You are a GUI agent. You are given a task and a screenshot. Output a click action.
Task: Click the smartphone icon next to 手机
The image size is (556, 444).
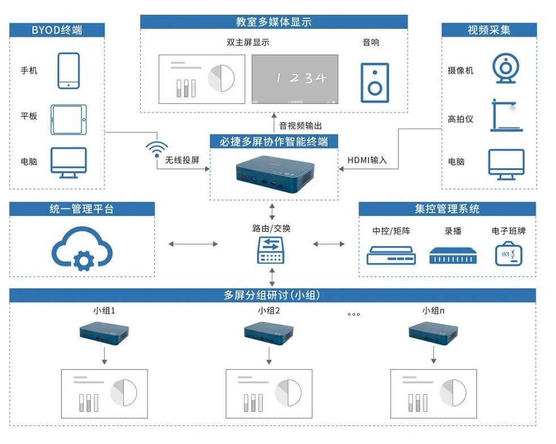tap(69, 71)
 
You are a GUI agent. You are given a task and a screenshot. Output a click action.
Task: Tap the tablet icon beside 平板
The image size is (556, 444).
tap(69, 119)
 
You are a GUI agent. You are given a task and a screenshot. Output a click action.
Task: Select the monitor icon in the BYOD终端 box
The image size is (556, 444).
tap(69, 163)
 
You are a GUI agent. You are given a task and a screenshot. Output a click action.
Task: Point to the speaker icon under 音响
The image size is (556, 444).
tap(374, 82)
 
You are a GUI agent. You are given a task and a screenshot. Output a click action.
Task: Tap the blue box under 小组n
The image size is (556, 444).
tap(433, 332)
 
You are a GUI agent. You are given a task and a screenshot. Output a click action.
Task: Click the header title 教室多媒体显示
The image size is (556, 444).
tap(274, 22)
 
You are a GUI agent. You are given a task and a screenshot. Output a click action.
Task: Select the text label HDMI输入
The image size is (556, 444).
tap(367, 160)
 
